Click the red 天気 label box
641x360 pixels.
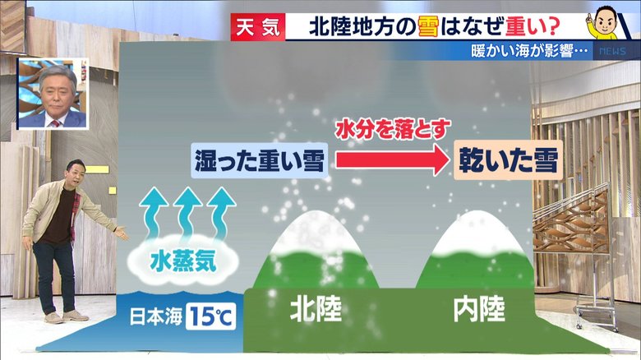(258, 27)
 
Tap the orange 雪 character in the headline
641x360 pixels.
(428, 27)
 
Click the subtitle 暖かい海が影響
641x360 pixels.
(529, 51)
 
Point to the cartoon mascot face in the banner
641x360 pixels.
(605, 22)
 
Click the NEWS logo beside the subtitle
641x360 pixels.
(612, 51)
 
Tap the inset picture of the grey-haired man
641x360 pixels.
(53, 93)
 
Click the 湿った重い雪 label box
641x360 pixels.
(260, 160)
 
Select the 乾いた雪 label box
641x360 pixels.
(509, 160)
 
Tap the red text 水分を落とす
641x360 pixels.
(393, 129)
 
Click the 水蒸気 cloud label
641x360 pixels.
(183, 261)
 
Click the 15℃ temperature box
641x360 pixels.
(211, 316)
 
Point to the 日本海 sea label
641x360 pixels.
(156, 316)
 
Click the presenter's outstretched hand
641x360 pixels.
(122, 233)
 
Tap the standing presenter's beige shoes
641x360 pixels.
(66, 316)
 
